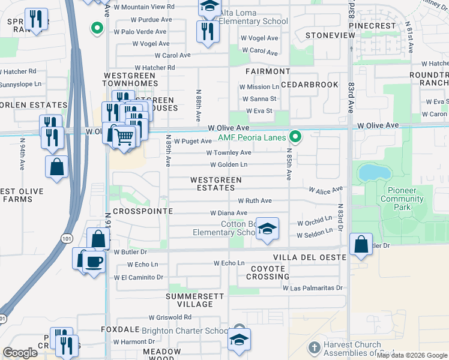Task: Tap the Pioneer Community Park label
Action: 402,203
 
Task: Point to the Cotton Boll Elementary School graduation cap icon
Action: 268,229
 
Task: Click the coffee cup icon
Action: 94,262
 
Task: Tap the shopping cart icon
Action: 124,136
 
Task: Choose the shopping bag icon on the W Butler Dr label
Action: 361,244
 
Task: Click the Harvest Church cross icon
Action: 314,348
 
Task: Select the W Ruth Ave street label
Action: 255,201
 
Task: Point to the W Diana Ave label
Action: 228,213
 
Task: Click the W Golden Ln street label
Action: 228,164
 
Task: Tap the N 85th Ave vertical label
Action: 289,165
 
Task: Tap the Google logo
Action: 20,352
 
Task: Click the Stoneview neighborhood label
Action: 330,35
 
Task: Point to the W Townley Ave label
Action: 230,153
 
